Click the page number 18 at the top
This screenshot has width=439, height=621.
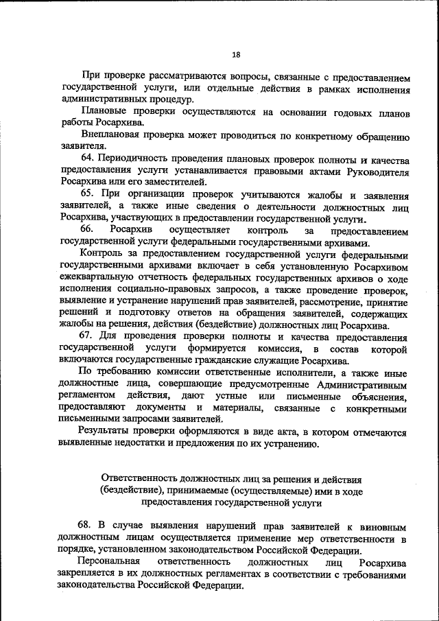[236, 54]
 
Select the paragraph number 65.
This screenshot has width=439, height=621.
[86, 194]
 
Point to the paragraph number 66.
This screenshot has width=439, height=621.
[86, 230]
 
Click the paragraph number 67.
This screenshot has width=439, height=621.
[86, 337]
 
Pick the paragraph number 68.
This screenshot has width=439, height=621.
[86, 527]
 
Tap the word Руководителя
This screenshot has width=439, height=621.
[377, 170]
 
